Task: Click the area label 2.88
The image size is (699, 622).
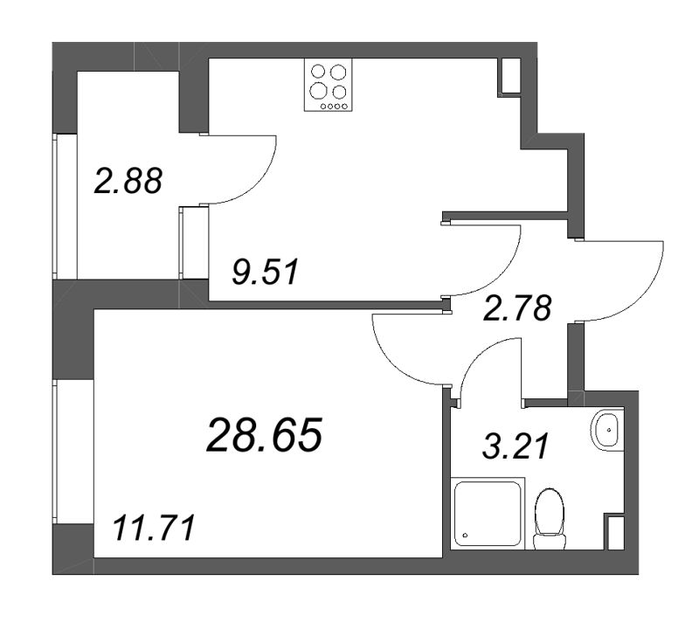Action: [x=128, y=182]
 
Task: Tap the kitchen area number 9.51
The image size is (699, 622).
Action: [x=265, y=273]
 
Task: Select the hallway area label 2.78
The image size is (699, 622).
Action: [x=517, y=308]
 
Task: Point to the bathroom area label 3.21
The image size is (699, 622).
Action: [x=515, y=446]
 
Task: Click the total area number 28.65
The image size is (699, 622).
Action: [x=264, y=435]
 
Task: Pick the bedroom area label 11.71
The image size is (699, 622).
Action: [x=154, y=528]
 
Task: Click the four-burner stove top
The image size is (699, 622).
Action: [x=329, y=85]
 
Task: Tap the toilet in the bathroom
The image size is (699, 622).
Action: [x=550, y=519]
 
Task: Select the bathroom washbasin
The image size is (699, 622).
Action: [x=606, y=430]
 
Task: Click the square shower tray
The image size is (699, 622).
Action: [x=488, y=514]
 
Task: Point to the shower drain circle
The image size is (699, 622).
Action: [x=466, y=536]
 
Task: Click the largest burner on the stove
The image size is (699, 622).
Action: [x=319, y=91]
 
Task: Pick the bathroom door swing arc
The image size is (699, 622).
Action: [x=478, y=356]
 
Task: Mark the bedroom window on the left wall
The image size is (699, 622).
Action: [x=55, y=452]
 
